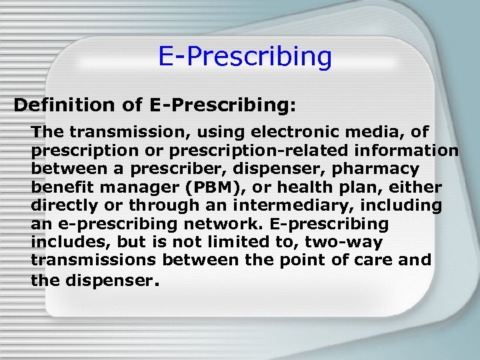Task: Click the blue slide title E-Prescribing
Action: pyautogui.click(x=245, y=57)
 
